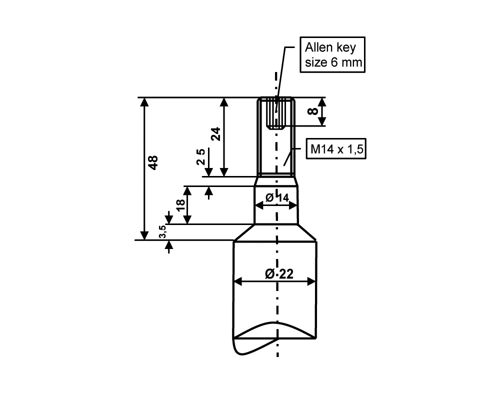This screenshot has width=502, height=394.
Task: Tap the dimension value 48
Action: click(x=153, y=162)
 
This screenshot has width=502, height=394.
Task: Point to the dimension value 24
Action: click(x=216, y=134)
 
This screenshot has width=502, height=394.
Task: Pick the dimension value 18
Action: click(x=180, y=205)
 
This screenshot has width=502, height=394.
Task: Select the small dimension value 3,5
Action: click(x=162, y=231)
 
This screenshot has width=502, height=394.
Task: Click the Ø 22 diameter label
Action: click(x=279, y=274)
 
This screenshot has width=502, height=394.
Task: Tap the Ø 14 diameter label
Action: click(x=277, y=198)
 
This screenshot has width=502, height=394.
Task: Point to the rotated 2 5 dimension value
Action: click(x=200, y=156)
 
